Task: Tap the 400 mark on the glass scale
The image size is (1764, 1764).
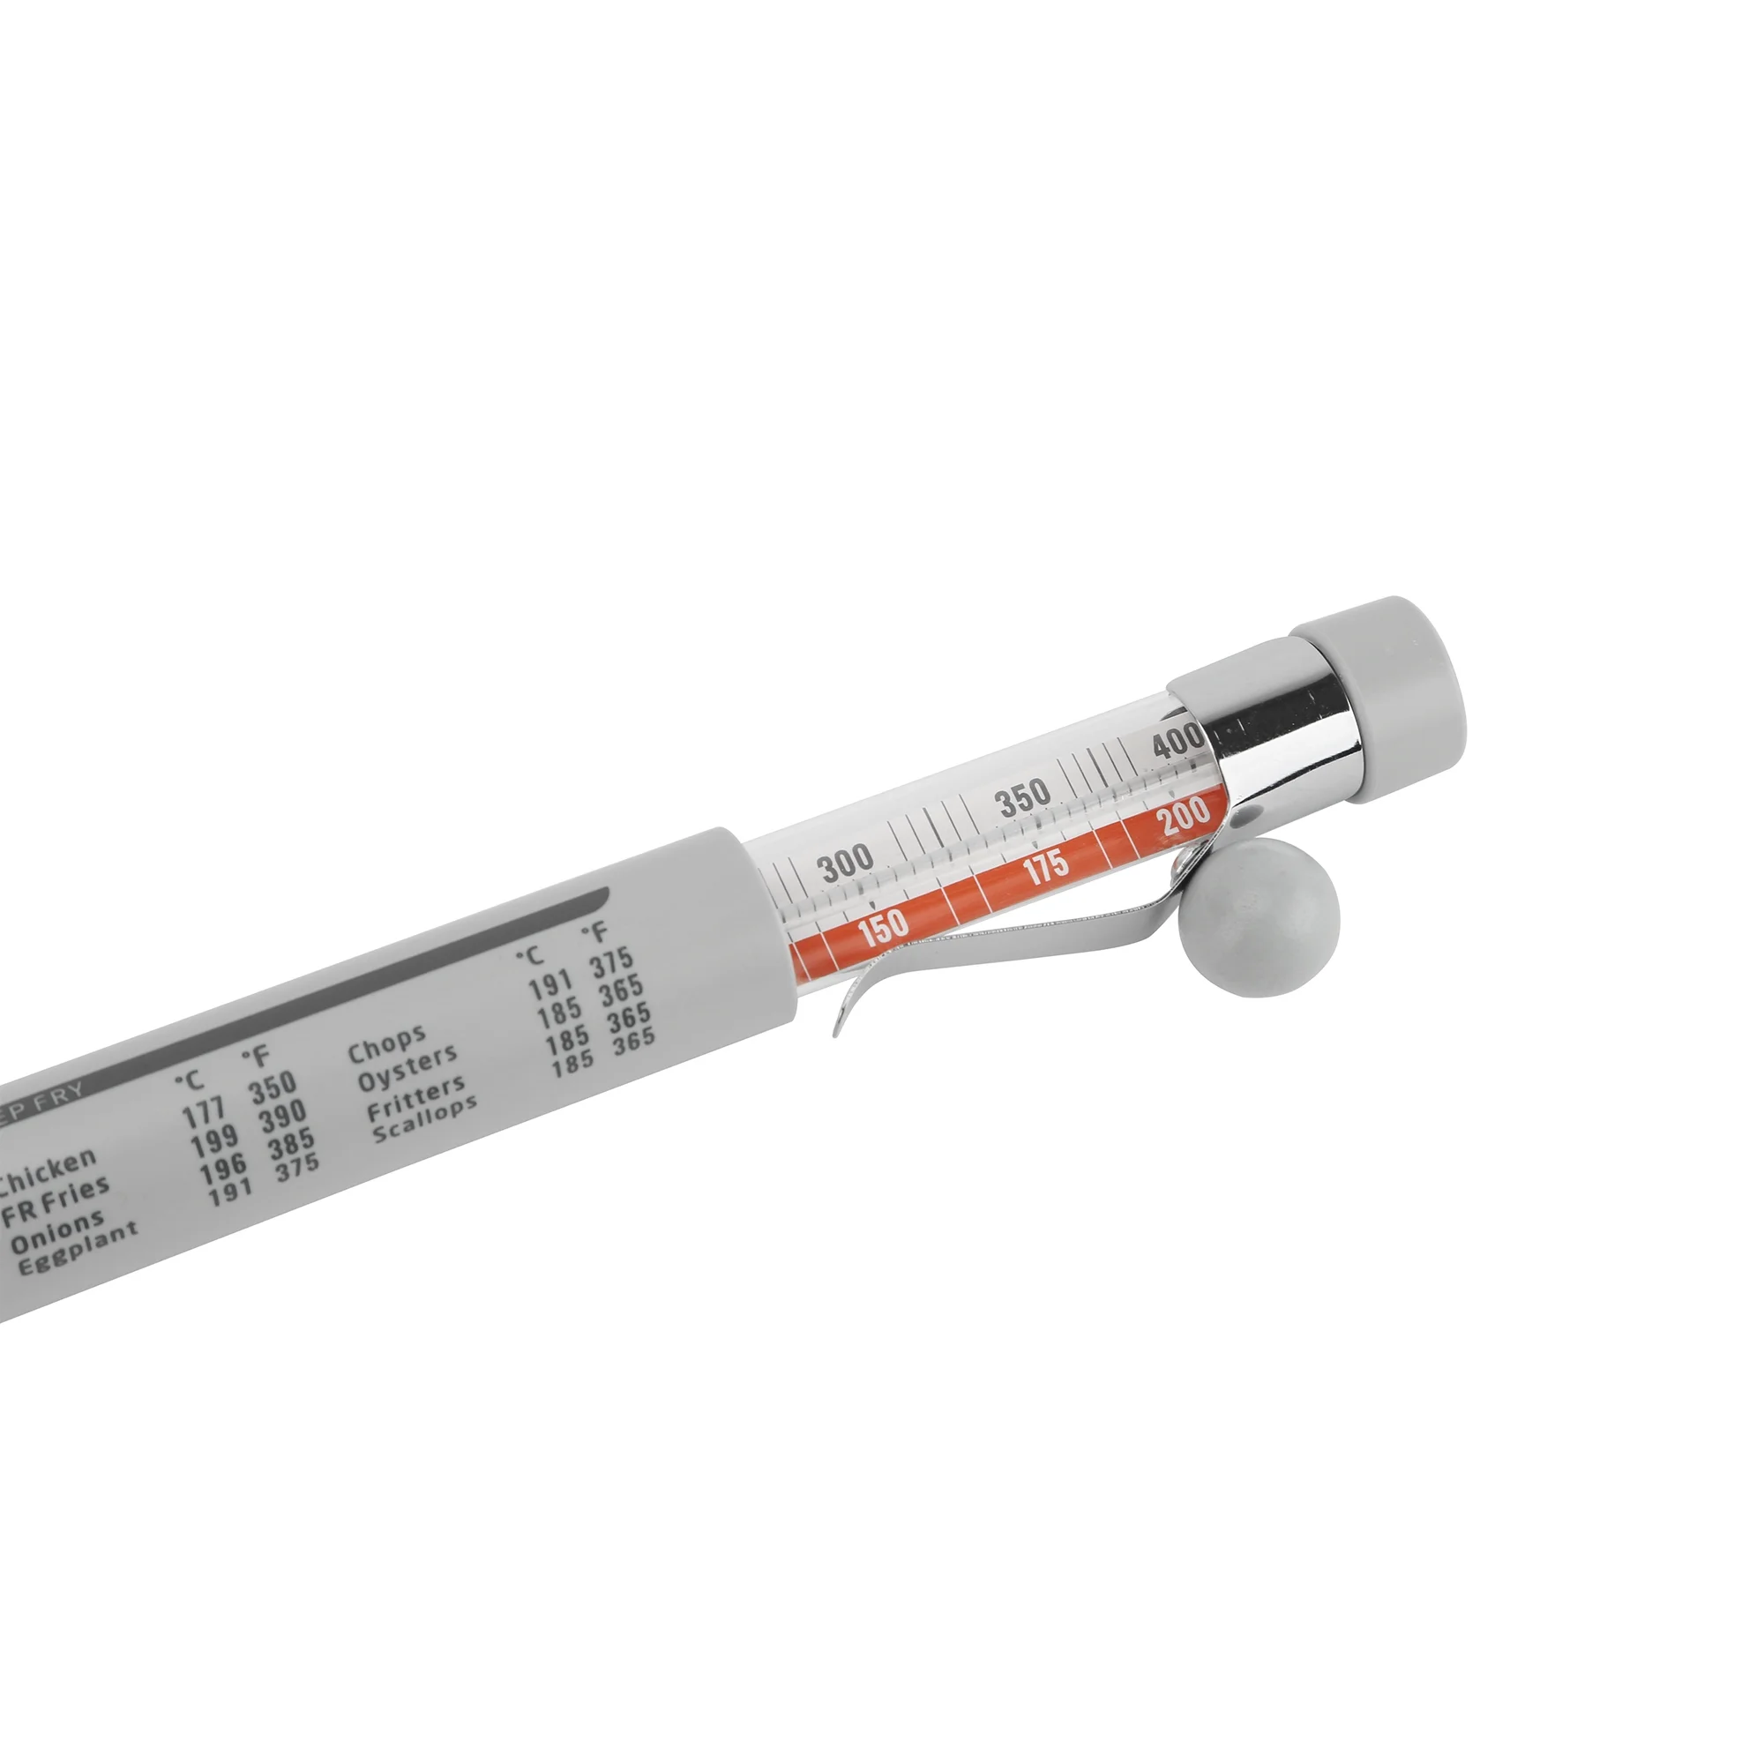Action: pos(1177,742)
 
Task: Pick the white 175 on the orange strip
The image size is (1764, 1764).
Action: pos(1045,867)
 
